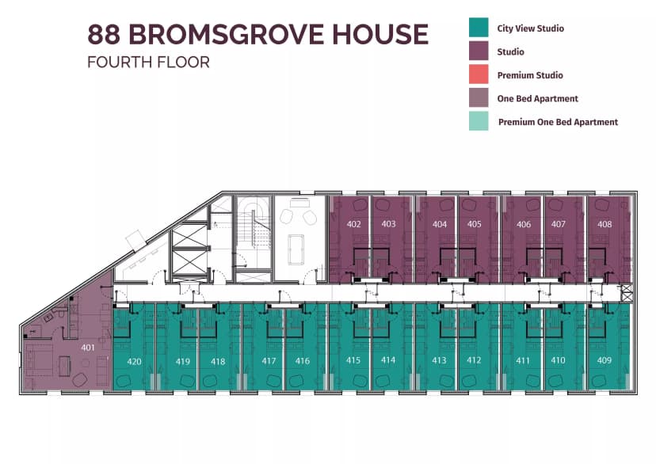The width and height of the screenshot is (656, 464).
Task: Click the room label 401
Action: coord(87,348)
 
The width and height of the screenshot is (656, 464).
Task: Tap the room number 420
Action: coord(135,361)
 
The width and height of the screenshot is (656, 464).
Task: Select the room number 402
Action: coord(354,224)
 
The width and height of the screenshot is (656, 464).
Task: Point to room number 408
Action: coord(605,224)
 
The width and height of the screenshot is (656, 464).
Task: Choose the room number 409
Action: coord(605,360)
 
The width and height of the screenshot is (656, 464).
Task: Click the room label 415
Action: coord(353,360)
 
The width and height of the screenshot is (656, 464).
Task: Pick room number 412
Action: coord(474,360)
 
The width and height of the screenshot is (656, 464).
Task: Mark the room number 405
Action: coord(474,224)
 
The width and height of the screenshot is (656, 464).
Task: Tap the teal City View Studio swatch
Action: coord(479,29)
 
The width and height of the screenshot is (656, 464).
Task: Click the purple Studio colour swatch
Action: coord(479,52)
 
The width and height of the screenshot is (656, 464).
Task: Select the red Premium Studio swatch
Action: coord(479,75)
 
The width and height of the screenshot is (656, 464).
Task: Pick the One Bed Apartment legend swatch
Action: coord(479,99)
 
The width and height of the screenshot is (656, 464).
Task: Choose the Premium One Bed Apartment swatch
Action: coord(479,122)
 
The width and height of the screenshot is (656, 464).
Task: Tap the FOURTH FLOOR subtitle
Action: coord(148,63)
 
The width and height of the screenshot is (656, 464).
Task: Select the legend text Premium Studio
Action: coord(530,75)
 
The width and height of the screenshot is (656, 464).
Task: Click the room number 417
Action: coord(269,361)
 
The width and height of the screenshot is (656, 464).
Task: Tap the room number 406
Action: coord(524,224)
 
